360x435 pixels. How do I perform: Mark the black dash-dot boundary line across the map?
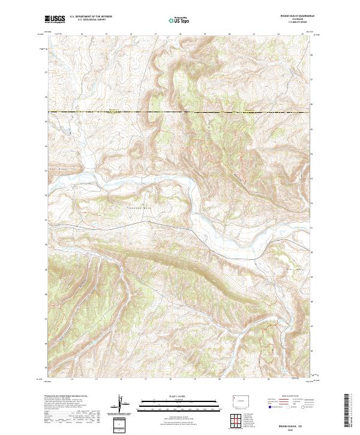coord(180,112)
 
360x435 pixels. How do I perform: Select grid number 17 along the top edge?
coord(155,34)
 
